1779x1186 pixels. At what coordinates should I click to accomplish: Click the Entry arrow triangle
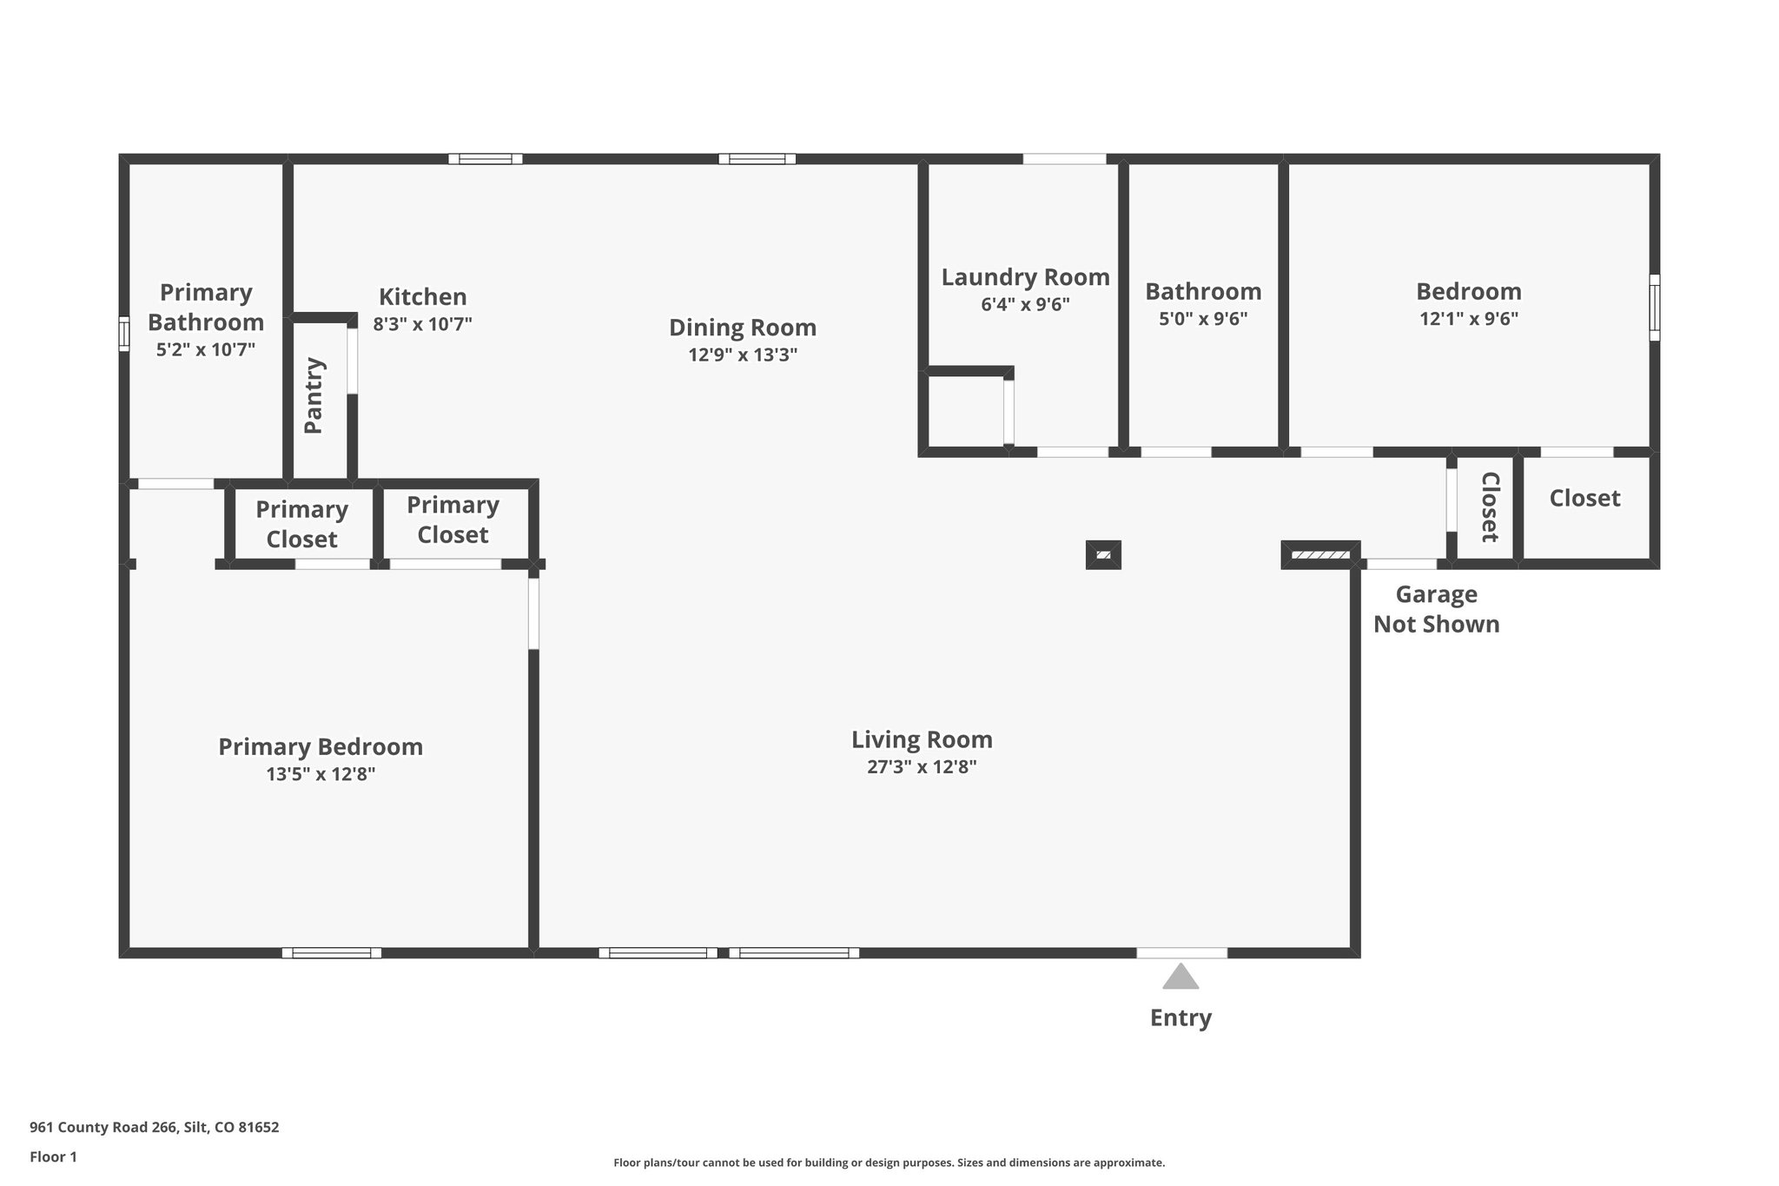point(1180,977)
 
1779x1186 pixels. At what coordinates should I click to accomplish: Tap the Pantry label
point(314,395)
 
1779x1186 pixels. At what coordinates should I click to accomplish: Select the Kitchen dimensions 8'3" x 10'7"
point(422,324)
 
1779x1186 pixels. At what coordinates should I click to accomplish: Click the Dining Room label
point(743,328)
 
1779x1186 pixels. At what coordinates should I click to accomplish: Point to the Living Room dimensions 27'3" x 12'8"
point(922,766)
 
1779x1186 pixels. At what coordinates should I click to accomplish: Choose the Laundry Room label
point(1025,277)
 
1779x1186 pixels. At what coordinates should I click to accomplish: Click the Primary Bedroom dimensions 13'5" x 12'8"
point(321,773)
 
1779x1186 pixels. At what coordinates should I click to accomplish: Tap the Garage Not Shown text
point(1436,609)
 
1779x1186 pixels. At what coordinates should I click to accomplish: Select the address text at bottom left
point(155,1127)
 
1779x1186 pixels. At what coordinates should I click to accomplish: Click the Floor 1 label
point(53,1156)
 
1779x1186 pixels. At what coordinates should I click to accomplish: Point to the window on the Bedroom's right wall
point(1654,308)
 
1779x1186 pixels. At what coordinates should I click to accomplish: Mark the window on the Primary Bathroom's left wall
point(124,334)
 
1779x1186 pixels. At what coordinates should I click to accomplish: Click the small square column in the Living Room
point(1103,554)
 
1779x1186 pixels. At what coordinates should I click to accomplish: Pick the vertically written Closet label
point(1490,507)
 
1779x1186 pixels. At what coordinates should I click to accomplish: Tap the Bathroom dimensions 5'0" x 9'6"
point(1203,319)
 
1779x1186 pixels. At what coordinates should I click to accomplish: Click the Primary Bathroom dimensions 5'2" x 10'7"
point(206,349)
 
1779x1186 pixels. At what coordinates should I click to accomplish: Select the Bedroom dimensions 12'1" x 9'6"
point(1469,319)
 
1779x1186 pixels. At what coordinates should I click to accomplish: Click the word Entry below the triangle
point(1180,1017)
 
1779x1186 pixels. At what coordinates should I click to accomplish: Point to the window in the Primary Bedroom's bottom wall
point(332,952)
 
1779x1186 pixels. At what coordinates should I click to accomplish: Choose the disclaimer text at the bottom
point(889,1163)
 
